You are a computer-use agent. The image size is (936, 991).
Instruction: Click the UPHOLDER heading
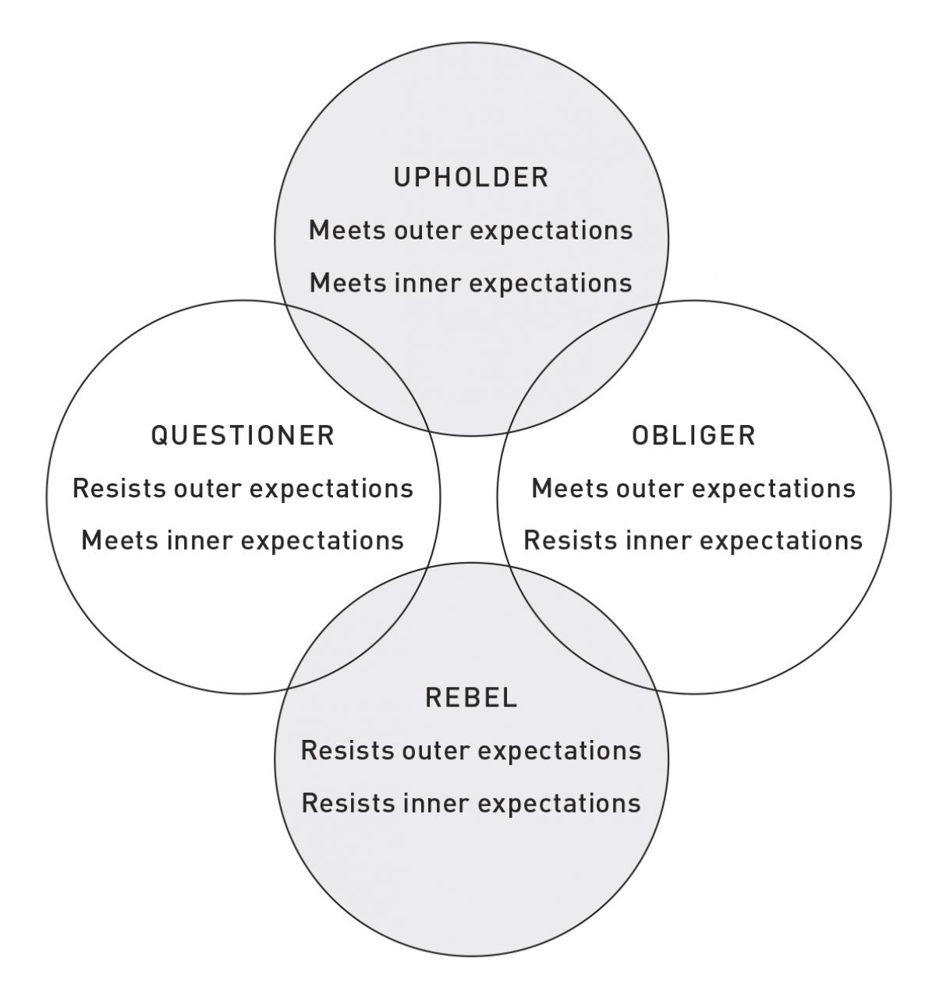point(471,177)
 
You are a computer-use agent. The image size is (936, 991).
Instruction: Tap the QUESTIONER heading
point(243,435)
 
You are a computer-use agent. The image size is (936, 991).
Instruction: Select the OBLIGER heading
point(693,435)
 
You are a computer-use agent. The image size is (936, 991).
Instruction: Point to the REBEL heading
point(471,697)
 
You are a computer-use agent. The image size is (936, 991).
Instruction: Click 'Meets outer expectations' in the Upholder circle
point(471,231)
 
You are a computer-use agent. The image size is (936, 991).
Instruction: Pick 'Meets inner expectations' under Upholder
point(471,282)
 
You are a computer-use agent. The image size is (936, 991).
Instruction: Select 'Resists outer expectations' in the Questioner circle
point(243,489)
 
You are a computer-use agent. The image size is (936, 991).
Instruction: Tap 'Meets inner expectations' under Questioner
point(243,540)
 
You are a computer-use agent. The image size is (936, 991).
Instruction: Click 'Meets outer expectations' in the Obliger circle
point(693,489)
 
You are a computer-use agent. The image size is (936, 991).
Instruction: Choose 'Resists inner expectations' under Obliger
point(693,540)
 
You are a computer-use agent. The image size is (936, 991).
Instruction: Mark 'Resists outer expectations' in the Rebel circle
point(471,751)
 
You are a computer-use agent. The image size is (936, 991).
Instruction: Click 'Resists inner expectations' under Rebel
point(471,803)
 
